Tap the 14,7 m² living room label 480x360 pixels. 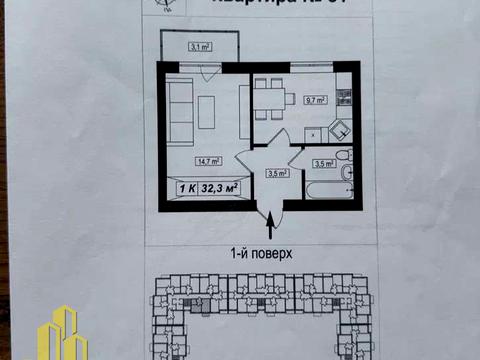(x=180, y=159)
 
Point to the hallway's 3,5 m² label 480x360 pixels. (x=276, y=172)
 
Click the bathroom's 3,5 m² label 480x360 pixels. (x=322, y=163)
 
